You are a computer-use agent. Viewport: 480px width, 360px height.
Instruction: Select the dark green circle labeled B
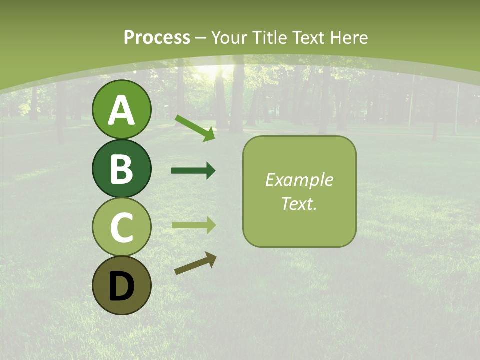122,168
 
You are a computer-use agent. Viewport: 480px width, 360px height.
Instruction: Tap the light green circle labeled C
122,227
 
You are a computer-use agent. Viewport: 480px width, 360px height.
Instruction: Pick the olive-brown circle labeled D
122,285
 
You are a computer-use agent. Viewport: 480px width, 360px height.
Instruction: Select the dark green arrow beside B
193,171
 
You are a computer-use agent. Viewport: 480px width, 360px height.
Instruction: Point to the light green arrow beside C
194,225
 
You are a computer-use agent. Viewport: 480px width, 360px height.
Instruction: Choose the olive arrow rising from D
195,263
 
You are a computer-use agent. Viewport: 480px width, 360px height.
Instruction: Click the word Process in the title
157,37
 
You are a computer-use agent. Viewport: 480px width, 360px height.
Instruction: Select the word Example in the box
299,180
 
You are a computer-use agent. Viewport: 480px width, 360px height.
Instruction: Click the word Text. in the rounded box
299,203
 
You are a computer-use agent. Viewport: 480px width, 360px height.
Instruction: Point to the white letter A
122,111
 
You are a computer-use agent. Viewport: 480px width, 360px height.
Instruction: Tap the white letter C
122,228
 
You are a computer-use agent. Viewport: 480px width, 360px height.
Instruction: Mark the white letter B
122,169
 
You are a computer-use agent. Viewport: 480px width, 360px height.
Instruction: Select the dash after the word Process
201,38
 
